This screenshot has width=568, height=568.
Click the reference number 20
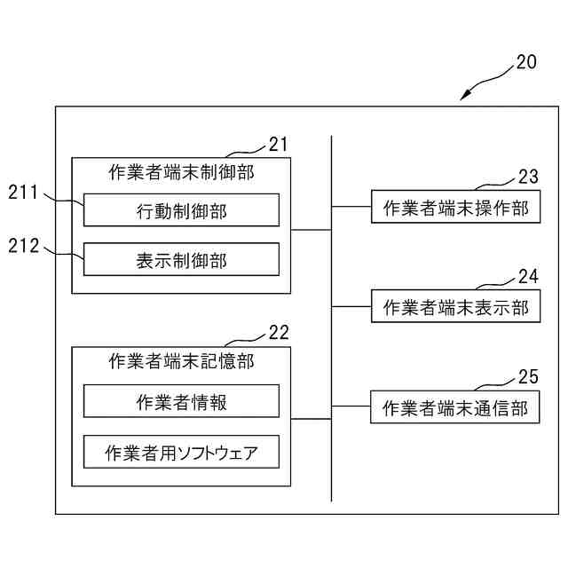click(x=526, y=63)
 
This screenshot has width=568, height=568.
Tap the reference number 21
click(x=279, y=144)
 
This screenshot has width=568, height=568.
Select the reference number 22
click(x=279, y=333)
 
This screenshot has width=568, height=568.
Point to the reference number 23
click(x=529, y=176)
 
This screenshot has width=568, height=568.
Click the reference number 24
click(x=529, y=276)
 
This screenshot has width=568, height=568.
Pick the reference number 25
click(x=529, y=377)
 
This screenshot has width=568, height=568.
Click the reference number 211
click(x=24, y=192)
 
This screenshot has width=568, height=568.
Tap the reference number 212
click(x=24, y=246)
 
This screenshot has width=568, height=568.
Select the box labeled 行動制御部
click(x=181, y=210)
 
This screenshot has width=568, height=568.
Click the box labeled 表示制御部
click(x=181, y=259)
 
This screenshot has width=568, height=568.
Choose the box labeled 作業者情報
click(x=181, y=401)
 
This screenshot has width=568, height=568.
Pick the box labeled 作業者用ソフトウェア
click(x=181, y=452)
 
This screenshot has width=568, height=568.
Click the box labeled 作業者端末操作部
click(x=455, y=208)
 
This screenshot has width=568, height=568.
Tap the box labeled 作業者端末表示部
click(x=455, y=307)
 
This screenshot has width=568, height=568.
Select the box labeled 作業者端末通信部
click(x=455, y=408)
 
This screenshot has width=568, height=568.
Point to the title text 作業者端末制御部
click(x=181, y=172)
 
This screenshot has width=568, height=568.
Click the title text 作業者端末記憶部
click(x=181, y=360)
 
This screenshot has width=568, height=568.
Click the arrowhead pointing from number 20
click(x=463, y=98)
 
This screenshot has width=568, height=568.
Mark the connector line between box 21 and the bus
click(x=311, y=229)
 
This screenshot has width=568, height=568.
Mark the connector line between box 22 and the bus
click(x=311, y=417)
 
